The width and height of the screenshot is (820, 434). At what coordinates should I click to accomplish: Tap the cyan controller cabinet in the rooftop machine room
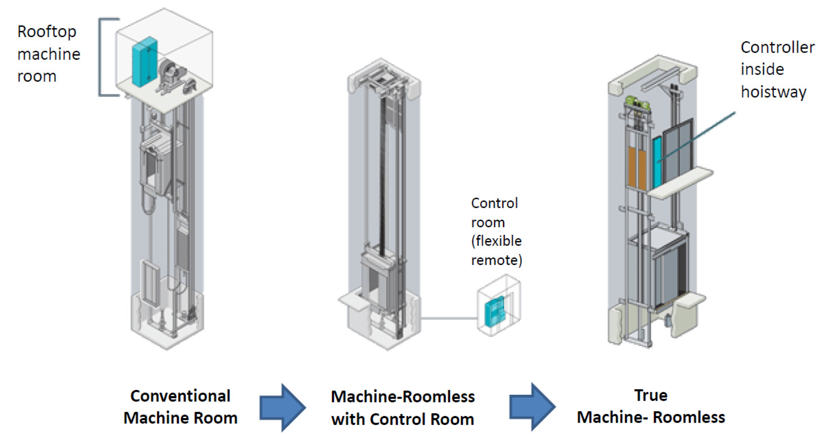click(145, 62)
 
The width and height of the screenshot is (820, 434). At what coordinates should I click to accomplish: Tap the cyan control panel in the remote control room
click(494, 312)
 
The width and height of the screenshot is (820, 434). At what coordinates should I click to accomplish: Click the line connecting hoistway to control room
click(449, 318)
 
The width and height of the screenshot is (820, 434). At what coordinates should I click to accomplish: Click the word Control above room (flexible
click(494, 203)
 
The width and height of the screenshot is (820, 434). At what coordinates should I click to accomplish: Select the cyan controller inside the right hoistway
click(656, 162)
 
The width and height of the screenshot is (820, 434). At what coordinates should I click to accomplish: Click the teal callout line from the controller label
click(700, 135)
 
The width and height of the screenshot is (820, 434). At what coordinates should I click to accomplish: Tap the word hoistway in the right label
click(773, 92)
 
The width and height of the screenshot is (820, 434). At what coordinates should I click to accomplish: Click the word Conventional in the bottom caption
click(180, 396)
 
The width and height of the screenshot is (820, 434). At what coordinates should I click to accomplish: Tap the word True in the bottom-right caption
click(651, 395)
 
